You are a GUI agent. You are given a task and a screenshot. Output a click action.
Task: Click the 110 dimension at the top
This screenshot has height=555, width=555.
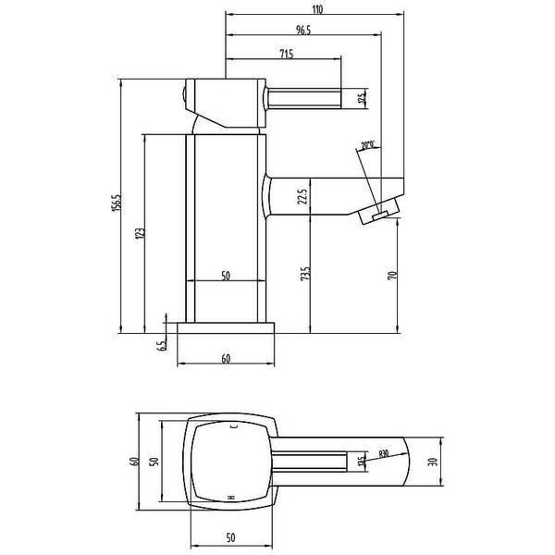pyautogui.click(x=315, y=9)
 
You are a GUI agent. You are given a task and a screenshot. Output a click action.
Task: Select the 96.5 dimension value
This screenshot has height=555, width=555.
pyautogui.click(x=302, y=31)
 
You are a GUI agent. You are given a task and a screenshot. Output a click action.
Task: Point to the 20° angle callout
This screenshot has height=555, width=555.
pyautogui.click(x=368, y=145)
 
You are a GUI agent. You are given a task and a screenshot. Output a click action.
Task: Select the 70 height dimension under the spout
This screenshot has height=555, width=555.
pyautogui.click(x=392, y=276)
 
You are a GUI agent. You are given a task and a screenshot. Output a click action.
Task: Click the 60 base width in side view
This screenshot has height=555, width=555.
pyautogui.click(x=226, y=359)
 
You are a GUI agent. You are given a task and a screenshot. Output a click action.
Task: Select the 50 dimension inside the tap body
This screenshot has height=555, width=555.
pyautogui.click(x=226, y=276)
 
